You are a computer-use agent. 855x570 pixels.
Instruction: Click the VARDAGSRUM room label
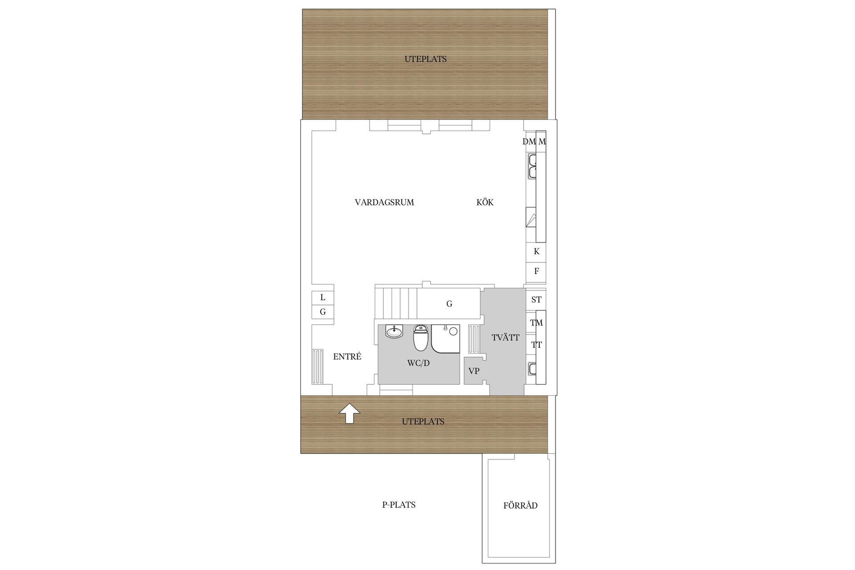click(x=384, y=203)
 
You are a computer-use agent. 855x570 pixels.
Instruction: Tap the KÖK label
click(x=485, y=202)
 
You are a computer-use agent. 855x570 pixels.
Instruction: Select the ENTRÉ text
click(x=347, y=356)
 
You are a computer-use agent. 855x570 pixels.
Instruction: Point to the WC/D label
click(x=419, y=363)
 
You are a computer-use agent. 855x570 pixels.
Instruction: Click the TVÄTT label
click(x=505, y=337)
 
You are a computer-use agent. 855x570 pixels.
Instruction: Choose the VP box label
click(x=474, y=371)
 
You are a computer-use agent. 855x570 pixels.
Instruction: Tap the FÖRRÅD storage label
click(x=521, y=505)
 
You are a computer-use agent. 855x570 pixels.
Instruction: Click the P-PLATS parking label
click(x=399, y=505)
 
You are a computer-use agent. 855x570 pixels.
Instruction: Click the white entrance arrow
click(x=350, y=413)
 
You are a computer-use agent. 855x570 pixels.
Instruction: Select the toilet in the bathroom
click(x=420, y=338)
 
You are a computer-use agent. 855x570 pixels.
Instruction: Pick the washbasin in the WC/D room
click(x=394, y=331)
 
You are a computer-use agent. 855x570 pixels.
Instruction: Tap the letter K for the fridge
click(x=537, y=252)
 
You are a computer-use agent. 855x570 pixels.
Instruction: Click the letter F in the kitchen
click(x=537, y=271)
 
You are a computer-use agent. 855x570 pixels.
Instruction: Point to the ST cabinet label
click(x=536, y=300)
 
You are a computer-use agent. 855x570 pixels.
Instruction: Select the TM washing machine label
click(x=536, y=323)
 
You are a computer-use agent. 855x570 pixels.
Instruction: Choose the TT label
click(x=536, y=345)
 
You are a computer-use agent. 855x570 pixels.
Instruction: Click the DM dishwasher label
click(x=529, y=142)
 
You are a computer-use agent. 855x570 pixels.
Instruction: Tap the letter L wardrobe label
click(x=323, y=297)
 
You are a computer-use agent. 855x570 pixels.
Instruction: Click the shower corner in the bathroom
click(x=446, y=338)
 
